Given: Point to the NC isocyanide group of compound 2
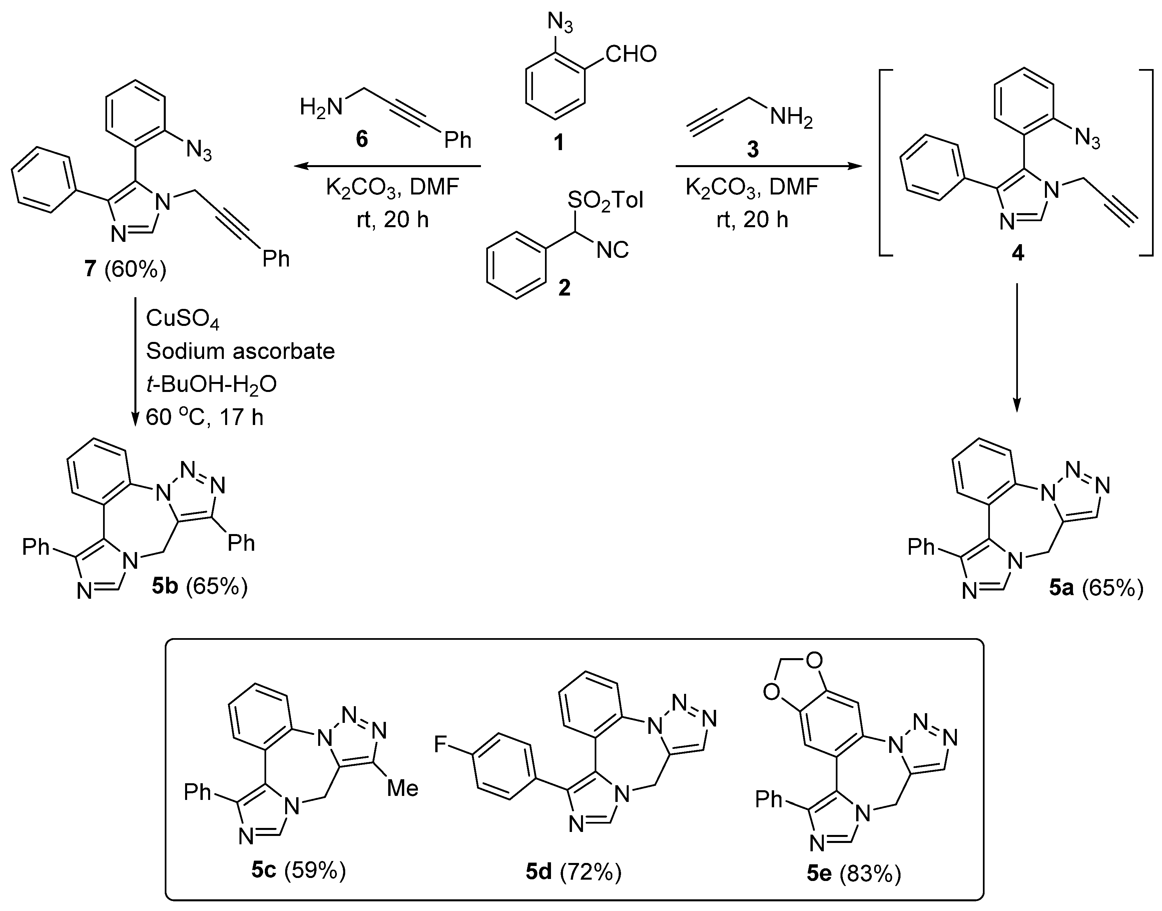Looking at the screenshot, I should click(612, 249).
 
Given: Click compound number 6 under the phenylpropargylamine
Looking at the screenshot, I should click(362, 140).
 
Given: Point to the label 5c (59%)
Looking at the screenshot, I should click(299, 870).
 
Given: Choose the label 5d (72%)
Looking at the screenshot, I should click(573, 872).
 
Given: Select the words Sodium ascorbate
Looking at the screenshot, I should click(240, 351).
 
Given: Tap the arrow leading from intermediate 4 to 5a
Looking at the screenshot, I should click(1017, 347).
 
